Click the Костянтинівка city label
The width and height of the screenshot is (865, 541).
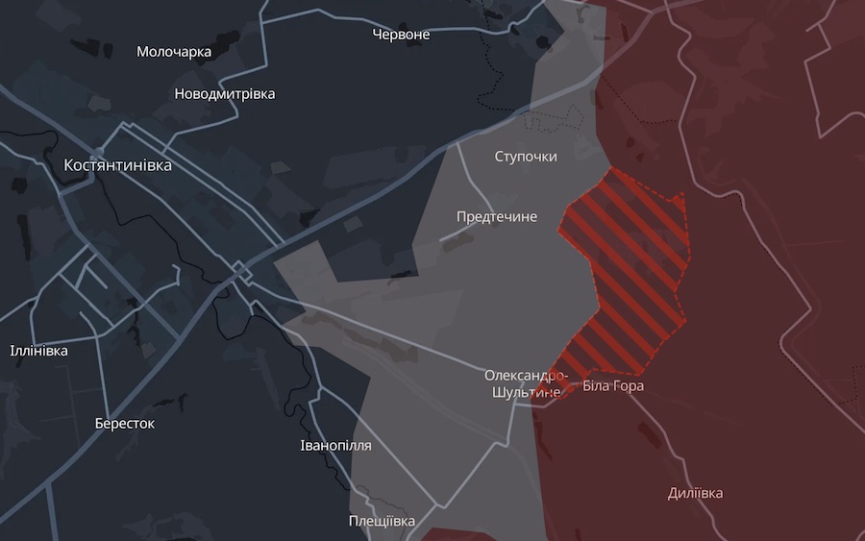[x=117, y=165]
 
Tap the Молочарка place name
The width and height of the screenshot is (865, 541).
[x=174, y=52]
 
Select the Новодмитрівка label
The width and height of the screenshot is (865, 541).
[x=225, y=94]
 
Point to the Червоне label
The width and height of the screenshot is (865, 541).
[x=401, y=35]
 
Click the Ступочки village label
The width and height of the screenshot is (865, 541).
[x=526, y=156]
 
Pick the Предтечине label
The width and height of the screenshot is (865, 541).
[x=496, y=217]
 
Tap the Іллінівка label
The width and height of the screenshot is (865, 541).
[x=38, y=351]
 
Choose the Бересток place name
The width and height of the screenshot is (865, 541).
[x=125, y=423]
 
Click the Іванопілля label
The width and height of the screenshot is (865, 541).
[x=335, y=446]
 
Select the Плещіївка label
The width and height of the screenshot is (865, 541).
[x=382, y=521]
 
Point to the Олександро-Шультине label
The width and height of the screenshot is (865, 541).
[x=526, y=383]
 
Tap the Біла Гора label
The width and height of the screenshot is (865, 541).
[x=613, y=386]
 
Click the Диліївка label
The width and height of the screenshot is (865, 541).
[x=696, y=494]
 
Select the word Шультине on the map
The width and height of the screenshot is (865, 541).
[x=526, y=393]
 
